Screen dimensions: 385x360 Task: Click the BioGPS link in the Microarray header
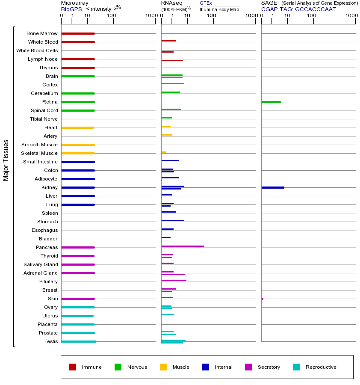[71, 9]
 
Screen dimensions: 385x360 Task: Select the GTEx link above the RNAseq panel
[206, 3]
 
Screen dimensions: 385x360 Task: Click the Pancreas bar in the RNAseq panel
[183, 246]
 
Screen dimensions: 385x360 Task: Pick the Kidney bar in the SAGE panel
[272, 187]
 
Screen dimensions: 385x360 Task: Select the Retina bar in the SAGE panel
[271, 102]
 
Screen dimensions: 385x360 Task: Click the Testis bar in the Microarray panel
[79, 341]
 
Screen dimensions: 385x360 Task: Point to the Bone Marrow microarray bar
[78, 33]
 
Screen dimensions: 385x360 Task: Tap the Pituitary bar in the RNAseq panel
[174, 280]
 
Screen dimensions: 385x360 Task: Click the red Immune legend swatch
[73, 367]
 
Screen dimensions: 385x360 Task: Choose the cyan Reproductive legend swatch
[296, 367]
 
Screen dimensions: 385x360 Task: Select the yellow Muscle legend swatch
[163, 367]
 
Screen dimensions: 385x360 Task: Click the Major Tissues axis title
[6, 160]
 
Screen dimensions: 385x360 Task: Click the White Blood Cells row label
[37, 50]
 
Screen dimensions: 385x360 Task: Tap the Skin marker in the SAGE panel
[262, 299]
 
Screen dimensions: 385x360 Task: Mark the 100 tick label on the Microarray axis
[111, 16]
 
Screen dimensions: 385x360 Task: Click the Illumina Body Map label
[219, 9]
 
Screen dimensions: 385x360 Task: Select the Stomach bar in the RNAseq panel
[173, 220]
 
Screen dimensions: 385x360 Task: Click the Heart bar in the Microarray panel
[77, 127]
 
